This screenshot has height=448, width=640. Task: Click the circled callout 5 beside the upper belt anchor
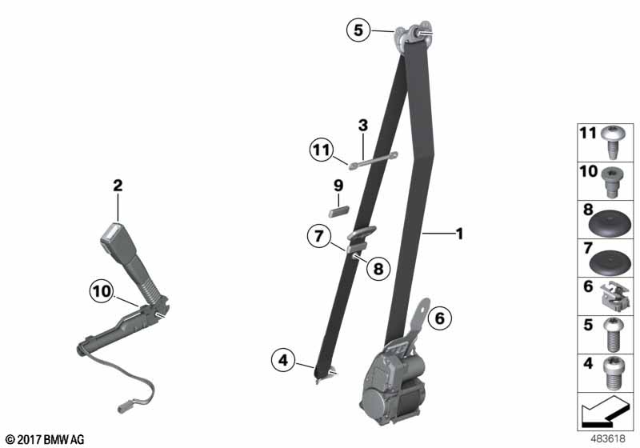[x=358, y=30]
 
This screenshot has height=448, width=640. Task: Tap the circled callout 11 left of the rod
[x=321, y=150]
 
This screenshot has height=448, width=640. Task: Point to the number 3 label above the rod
[x=363, y=126]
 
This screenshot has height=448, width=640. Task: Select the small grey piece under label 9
[x=338, y=212]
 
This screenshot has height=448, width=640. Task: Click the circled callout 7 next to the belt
[x=319, y=236]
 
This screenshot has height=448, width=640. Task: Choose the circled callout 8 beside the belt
[x=378, y=269]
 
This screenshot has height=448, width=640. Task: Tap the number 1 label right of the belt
[x=459, y=234]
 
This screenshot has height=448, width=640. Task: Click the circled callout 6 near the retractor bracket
[x=439, y=318]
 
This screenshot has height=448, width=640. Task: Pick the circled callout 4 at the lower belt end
[x=283, y=360]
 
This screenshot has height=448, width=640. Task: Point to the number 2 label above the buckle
[x=118, y=186]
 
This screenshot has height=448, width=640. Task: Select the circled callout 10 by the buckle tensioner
[x=102, y=291]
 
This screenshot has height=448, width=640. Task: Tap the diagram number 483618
[x=608, y=439]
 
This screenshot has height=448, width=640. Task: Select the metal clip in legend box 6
[x=614, y=298]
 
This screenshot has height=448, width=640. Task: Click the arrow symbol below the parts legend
[x=605, y=411]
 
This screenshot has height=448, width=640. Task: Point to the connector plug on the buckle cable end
[x=124, y=408]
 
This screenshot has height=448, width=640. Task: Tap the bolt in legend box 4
[x=611, y=373]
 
